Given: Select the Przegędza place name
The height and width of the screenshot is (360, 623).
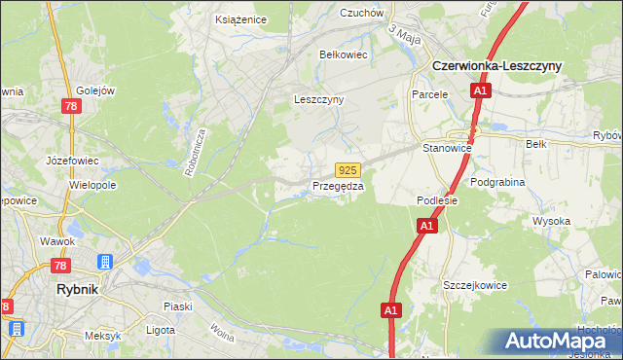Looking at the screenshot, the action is click(x=338, y=186).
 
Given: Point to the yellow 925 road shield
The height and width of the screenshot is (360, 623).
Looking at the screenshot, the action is click(x=349, y=169).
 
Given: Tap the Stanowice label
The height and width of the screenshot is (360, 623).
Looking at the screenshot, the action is click(x=448, y=148).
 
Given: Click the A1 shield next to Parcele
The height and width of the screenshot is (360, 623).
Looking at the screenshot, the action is click(x=480, y=91).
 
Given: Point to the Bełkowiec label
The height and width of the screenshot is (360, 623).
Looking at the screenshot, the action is click(x=344, y=55).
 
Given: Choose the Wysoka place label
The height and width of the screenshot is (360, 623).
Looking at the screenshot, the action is click(x=551, y=221).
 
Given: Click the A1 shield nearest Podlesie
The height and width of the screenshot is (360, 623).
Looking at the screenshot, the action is click(x=426, y=226).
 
